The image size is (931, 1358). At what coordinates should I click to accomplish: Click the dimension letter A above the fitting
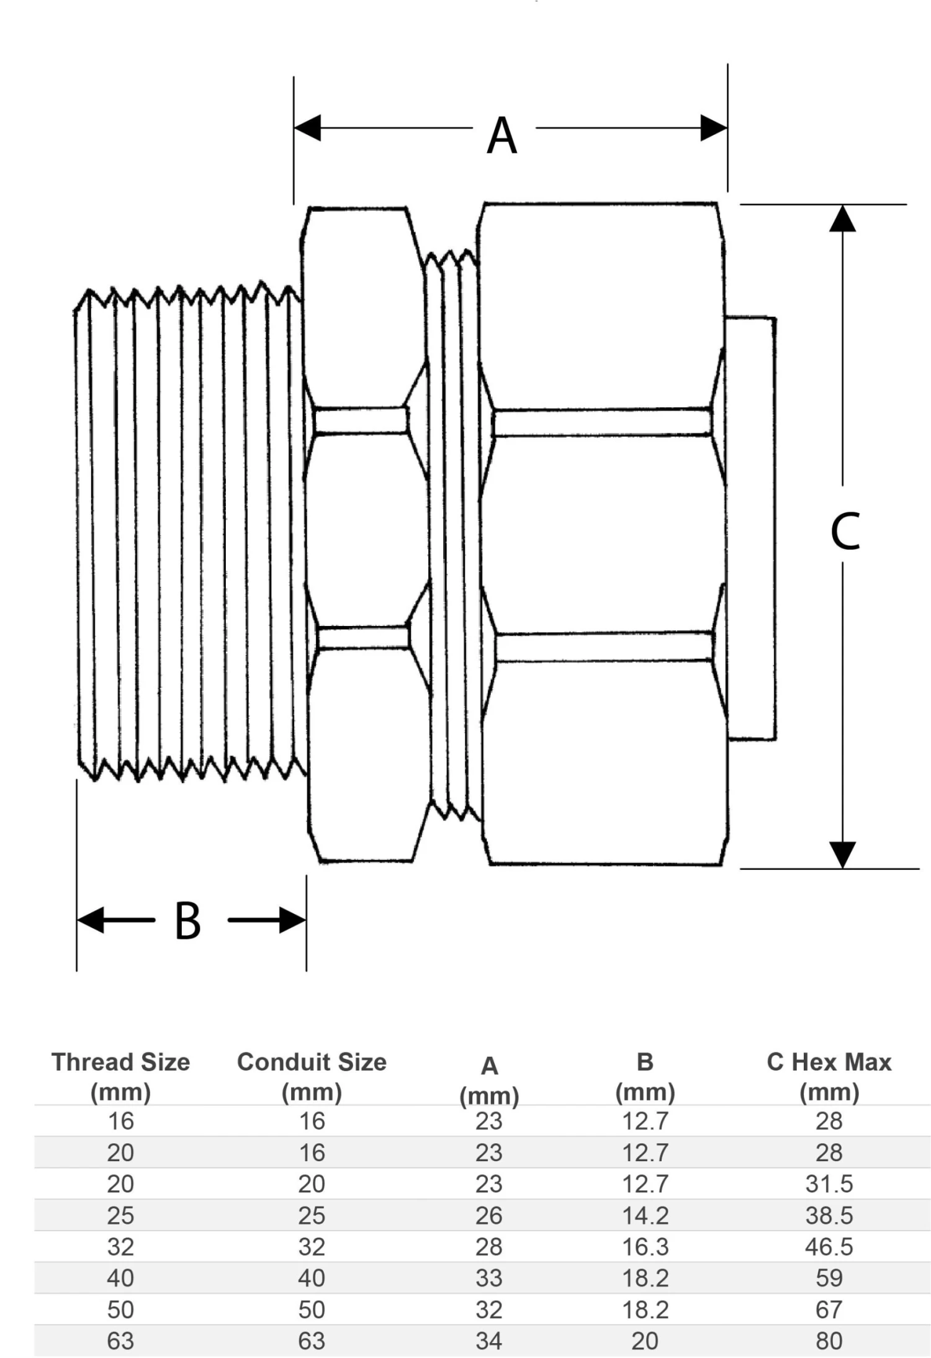501,136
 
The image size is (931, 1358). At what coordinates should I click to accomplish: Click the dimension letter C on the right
845,532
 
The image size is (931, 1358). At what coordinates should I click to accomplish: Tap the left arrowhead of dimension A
308,128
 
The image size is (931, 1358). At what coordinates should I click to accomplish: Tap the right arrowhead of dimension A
713,128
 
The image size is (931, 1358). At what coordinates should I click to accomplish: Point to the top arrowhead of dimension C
842,219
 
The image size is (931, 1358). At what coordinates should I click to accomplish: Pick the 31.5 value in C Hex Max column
829,1184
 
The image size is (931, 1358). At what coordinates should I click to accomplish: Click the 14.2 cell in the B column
645,1215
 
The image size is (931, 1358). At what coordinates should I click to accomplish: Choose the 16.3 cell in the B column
645,1247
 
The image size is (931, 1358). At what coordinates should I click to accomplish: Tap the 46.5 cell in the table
829,1247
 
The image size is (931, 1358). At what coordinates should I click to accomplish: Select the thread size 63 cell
120,1341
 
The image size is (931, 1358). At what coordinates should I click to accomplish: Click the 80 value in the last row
829,1341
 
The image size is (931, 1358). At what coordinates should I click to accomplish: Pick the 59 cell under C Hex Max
829,1278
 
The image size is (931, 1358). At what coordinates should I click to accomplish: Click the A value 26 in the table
489,1215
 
